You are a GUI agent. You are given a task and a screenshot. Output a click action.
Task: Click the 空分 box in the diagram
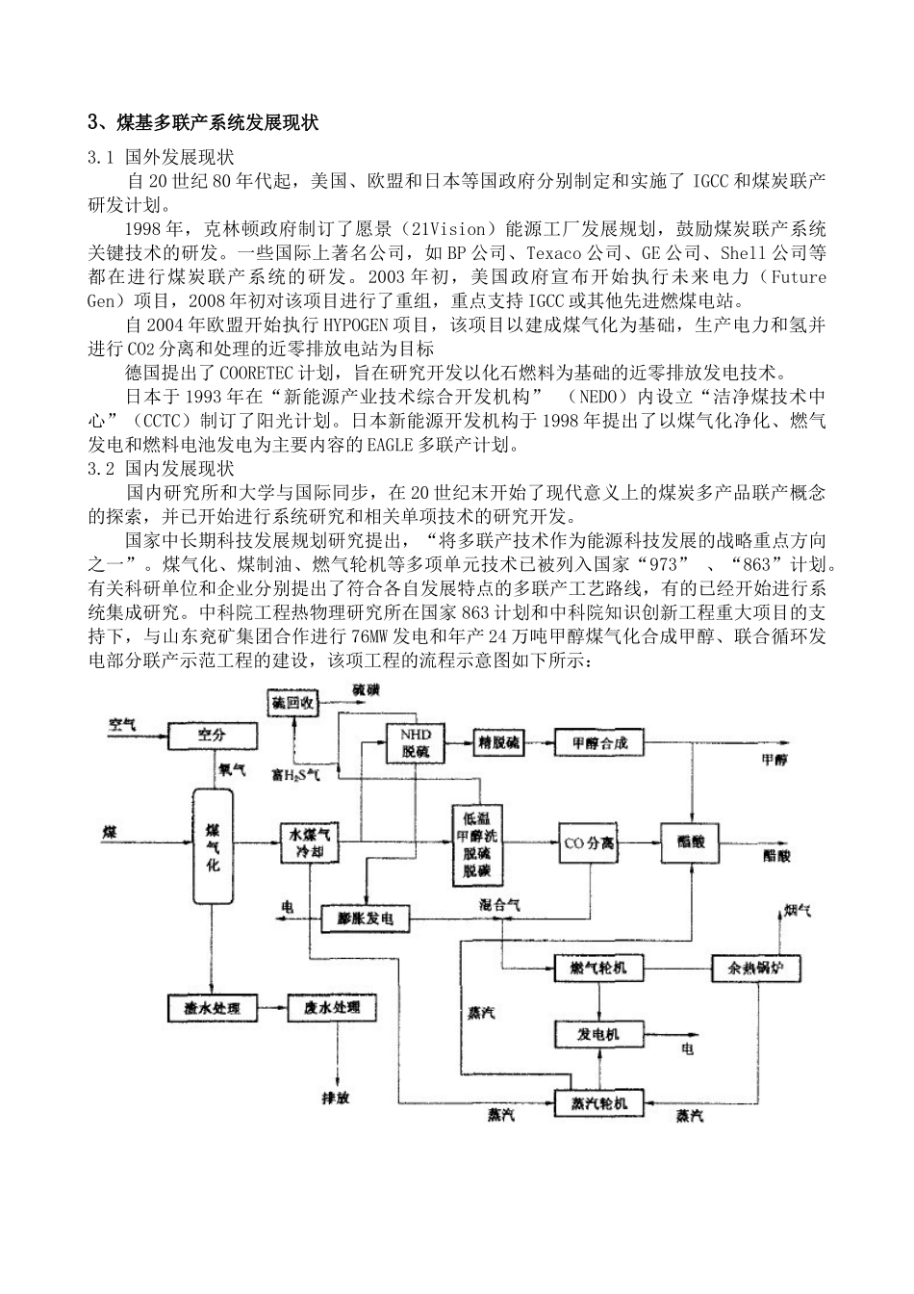pos(213,736)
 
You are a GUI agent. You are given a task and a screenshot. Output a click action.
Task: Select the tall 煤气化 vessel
pos(213,846)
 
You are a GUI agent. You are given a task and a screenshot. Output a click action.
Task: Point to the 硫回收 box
pos(293,703)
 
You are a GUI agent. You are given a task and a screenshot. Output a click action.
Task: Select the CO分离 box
pos(588,843)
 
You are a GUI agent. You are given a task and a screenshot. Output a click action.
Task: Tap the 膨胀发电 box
pos(365,919)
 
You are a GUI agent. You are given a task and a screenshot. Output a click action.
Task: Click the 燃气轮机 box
pos(597,966)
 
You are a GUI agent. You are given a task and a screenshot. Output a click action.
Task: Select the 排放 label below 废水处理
pos(336,1098)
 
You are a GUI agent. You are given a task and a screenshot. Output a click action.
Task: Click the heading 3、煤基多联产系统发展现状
pos(202,123)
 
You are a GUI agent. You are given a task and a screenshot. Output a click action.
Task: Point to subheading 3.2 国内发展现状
pos(161,469)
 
